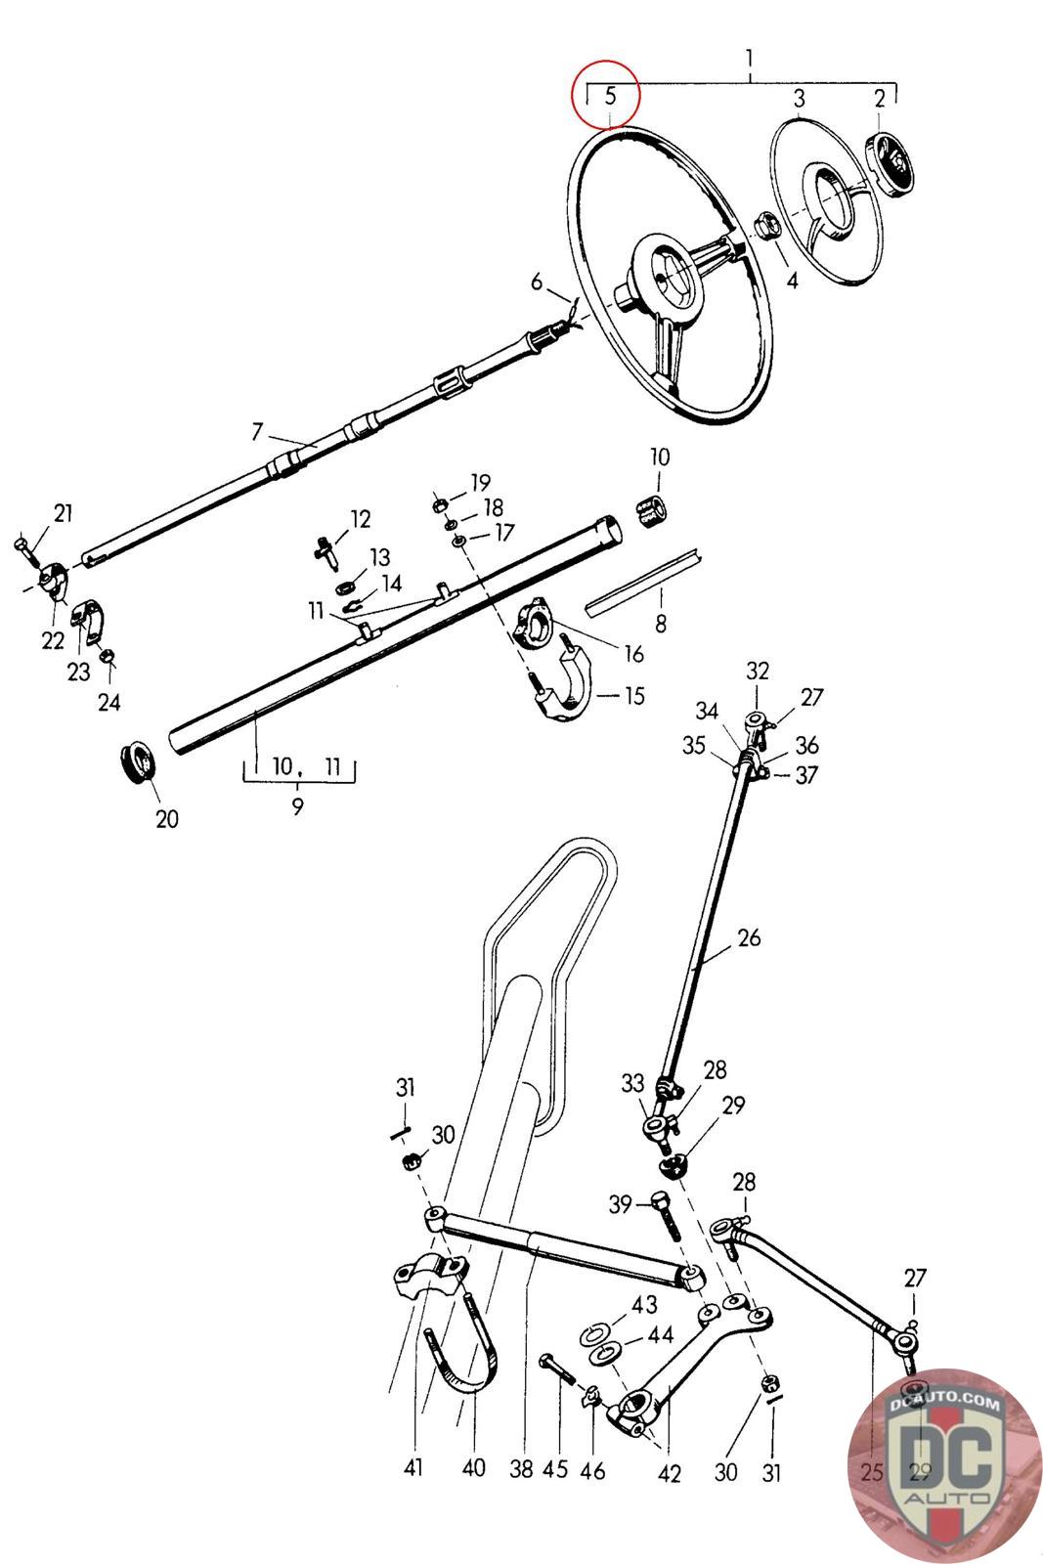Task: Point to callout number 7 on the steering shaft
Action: pos(257,430)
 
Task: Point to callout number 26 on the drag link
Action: pos(749,938)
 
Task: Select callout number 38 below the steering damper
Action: pos(523,1470)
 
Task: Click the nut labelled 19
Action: pos(441,504)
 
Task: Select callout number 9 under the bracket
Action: pos(297,806)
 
